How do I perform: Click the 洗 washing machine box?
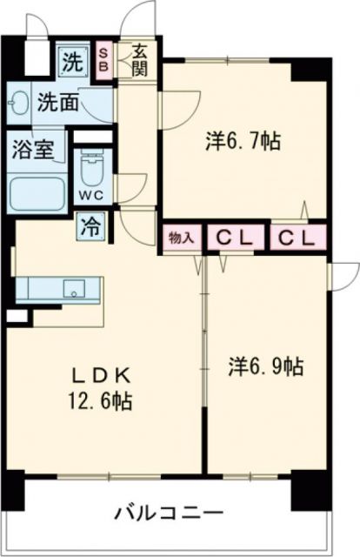[x=71, y=62]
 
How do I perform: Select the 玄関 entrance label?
[x=139, y=62]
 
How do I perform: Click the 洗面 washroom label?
[x=57, y=103]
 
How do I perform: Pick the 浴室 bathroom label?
[x=32, y=150]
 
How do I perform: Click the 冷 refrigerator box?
[x=90, y=228]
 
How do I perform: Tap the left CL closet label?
[x=234, y=237]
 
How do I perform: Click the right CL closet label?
[x=297, y=237]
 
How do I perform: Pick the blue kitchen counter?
[x=48, y=288]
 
